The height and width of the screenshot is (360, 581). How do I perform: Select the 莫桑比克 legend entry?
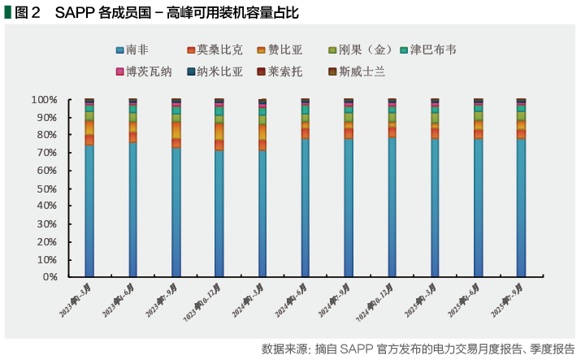(213, 50)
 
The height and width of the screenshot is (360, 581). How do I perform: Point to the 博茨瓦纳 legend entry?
(144, 72)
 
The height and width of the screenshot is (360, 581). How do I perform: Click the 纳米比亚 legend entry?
(215, 72)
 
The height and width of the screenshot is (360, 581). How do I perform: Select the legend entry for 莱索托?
(280, 72)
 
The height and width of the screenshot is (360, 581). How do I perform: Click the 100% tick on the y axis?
(45, 100)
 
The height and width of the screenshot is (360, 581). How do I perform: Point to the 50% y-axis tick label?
(47, 189)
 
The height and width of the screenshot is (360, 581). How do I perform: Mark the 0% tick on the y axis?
(50, 277)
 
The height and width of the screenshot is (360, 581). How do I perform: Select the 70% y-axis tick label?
(47, 153)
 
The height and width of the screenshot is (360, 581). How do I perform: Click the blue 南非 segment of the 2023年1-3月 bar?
(89, 211)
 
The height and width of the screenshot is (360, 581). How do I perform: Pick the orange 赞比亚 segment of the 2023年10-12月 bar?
(219, 131)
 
